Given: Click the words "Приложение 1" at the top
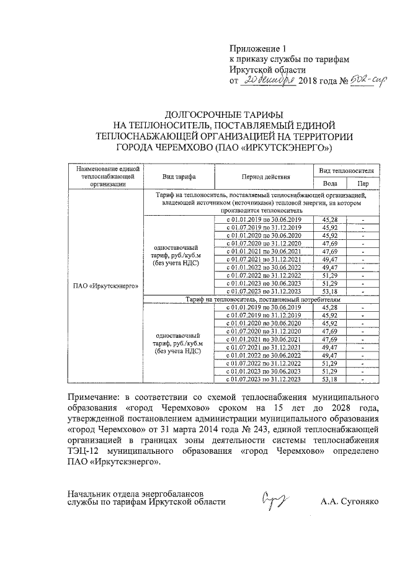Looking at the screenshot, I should (x=259, y=48).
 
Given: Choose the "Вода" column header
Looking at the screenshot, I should (x=331, y=183).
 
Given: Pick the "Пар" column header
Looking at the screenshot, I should (x=362, y=183).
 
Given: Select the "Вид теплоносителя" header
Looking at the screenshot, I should (x=346, y=169).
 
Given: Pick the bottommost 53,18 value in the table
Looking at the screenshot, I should (x=331, y=378).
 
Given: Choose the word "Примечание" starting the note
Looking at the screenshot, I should (x=95, y=395).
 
